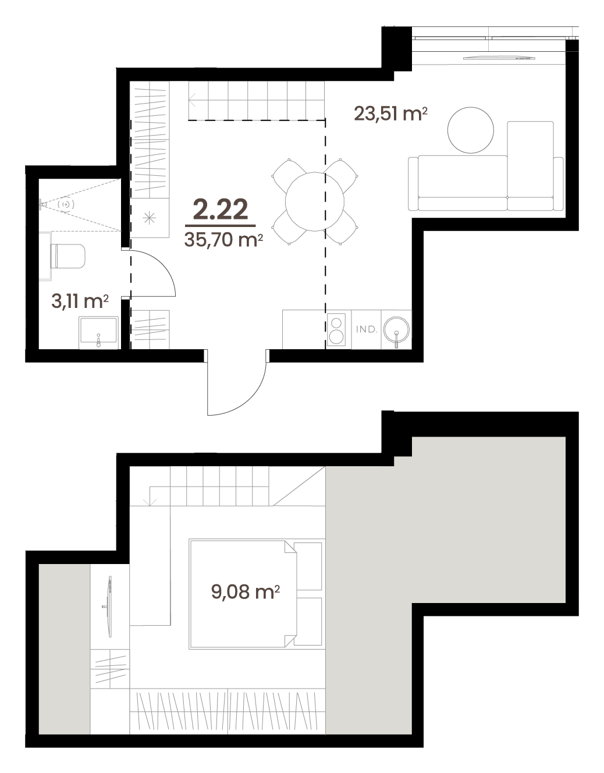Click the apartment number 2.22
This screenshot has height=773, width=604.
[x=220, y=210]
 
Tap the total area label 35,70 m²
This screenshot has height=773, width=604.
[x=223, y=239]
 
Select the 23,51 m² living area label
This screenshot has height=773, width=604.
[x=390, y=114]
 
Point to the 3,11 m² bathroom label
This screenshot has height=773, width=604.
[x=80, y=301]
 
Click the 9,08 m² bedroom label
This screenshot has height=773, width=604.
[x=246, y=591]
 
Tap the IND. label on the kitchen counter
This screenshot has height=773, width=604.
[x=367, y=329]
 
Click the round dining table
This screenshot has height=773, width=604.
[x=315, y=202]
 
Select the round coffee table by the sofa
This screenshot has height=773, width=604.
[x=470, y=130]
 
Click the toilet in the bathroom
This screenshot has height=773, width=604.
[x=67, y=256]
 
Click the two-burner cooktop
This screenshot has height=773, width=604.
[x=336, y=329]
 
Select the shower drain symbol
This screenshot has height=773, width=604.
[x=66, y=204]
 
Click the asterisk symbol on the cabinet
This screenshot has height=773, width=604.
[x=150, y=218]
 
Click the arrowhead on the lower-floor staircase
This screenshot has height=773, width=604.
[x=192, y=100]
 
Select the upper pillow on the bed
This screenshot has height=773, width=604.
[x=308, y=566]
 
